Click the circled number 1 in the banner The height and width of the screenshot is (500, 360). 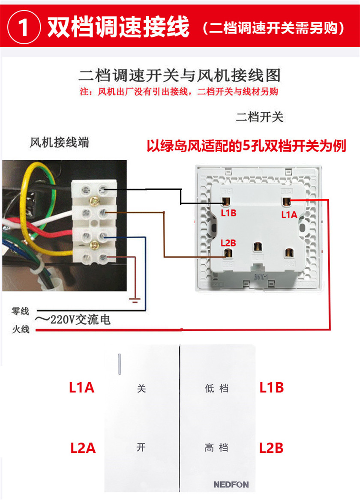(24, 28)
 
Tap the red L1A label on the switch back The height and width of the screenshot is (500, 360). (289, 215)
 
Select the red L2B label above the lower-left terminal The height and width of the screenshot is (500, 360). (228, 243)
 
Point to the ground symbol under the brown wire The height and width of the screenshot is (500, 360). (135, 300)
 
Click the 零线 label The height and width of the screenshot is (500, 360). (20, 311)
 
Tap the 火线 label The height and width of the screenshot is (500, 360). (20, 329)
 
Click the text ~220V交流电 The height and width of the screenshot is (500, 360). (73, 320)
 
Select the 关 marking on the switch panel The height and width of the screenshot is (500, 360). (141, 389)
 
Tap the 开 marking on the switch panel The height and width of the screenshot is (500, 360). (141, 448)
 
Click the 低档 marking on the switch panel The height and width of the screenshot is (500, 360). (216, 389)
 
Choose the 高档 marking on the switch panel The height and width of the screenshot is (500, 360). (216, 448)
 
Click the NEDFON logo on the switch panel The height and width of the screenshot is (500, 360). (231, 485)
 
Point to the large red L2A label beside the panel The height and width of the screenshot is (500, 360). (83, 448)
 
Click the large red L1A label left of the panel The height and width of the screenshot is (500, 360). (81, 388)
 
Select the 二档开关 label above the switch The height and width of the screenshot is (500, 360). (259, 117)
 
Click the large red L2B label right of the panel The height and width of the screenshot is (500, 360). (271, 448)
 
